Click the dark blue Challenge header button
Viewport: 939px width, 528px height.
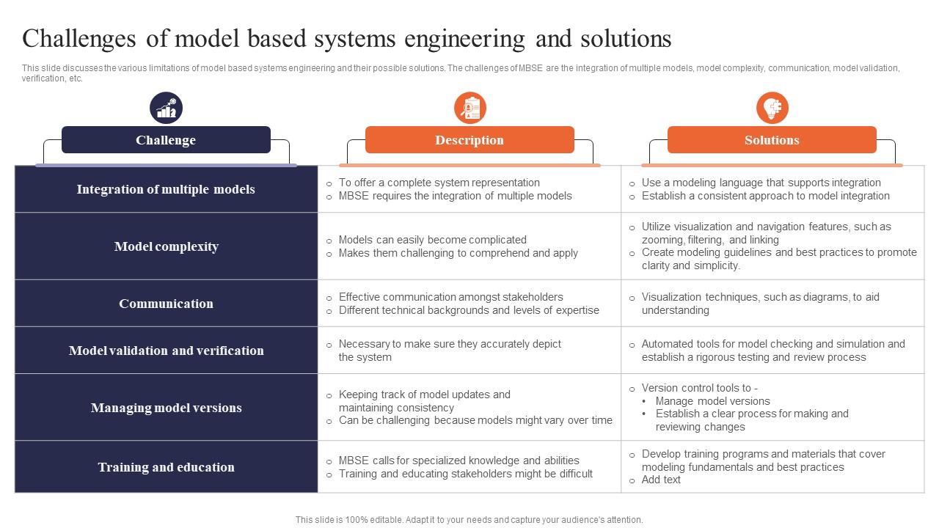[166, 139]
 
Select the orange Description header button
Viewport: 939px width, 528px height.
[469, 139]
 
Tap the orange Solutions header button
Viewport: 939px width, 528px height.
[772, 139]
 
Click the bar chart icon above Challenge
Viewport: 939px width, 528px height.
[166, 108]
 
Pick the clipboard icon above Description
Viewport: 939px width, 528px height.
[470, 108]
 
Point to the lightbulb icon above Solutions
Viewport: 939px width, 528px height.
[772, 108]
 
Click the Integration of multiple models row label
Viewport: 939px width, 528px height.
[166, 189]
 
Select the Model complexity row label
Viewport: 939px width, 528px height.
[167, 246]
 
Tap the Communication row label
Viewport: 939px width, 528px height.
[166, 304]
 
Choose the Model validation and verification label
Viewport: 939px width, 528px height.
[167, 351]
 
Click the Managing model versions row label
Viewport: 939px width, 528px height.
[167, 408]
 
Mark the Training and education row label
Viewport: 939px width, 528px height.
[167, 467]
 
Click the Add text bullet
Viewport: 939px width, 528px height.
[661, 480]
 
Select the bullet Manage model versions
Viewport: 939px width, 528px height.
[712, 401]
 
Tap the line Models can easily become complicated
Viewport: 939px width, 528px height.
[433, 240]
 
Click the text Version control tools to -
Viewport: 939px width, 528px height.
[700, 388]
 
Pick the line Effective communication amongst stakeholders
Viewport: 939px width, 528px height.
[450, 297]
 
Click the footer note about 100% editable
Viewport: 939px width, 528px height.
[469, 520]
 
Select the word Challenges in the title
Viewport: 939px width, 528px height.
[78, 40]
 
